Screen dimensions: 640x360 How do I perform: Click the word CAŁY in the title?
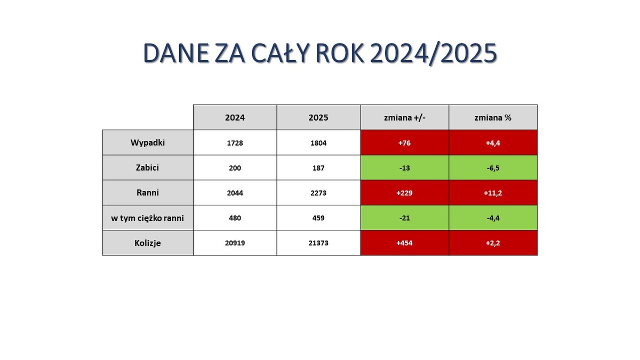(x=281, y=53)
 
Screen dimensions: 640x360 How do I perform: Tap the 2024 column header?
(x=235, y=117)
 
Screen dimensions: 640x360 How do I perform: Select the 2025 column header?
(x=318, y=117)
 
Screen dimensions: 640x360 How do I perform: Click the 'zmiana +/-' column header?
(x=405, y=117)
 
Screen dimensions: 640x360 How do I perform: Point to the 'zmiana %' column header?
(x=493, y=117)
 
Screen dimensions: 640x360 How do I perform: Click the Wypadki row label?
(x=148, y=142)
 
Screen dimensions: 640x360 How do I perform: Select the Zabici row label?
(x=148, y=167)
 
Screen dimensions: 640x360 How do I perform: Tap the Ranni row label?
(x=148, y=193)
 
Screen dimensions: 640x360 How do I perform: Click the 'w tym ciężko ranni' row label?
(x=148, y=218)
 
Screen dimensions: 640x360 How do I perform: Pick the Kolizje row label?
(x=148, y=243)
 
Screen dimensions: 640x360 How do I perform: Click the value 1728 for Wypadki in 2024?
(x=235, y=143)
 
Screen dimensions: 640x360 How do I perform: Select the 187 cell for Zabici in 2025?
(x=318, y=168)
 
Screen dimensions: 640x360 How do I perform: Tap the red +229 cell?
(x=405, y=193)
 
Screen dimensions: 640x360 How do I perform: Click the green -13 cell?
(x=405, y=168)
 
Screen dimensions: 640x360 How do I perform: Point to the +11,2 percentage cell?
(x=493, y=193)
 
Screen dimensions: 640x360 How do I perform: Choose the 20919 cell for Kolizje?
(x=235, y=243)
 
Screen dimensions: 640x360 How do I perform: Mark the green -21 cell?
(x=405, y=218)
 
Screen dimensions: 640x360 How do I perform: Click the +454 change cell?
(x=405, y=243)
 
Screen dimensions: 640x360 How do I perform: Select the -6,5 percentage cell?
(x=493, y=168)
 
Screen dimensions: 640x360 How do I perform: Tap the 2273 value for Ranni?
(x=318, y=193)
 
